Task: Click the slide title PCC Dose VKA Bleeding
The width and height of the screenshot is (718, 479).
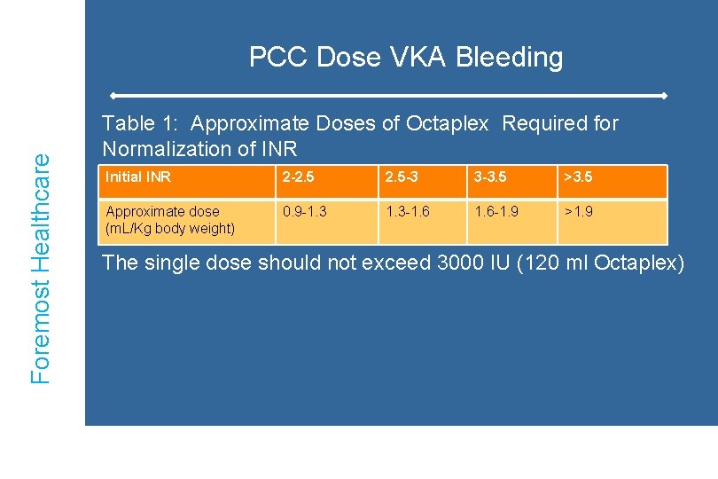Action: pyautogui.click(x=405, y=58)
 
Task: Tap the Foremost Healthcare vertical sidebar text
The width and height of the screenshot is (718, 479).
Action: pyautogui.click(x=42, y=266)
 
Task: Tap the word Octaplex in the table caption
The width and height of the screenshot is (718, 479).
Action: pyautogui.click(x=447, y=123)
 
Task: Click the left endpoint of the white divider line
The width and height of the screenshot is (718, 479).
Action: pyautogui.click(x=113, y=95)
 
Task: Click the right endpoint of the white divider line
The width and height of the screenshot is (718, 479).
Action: pyautogui.click(x=664, y=95)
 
